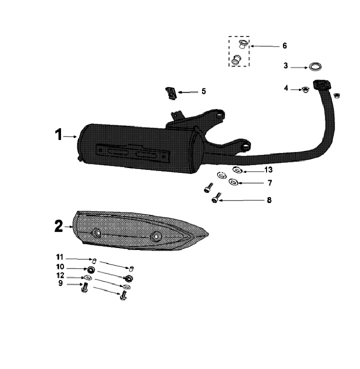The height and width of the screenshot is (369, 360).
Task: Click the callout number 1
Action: click(58, 134)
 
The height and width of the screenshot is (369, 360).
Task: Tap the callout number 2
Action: click(58, 226)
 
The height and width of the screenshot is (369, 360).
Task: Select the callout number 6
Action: click(284, 45)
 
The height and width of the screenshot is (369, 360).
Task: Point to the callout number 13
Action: click(268, 169)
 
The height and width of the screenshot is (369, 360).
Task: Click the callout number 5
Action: click(204, 91)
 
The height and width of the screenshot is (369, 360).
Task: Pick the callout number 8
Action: click(269, 200)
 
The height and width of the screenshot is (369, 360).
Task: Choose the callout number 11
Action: click(59, 256)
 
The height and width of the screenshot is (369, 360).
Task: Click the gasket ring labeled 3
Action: click(315, 67)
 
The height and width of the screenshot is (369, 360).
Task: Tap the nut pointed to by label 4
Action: click(305, 89)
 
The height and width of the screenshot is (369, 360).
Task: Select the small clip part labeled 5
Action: click(171, 93)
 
